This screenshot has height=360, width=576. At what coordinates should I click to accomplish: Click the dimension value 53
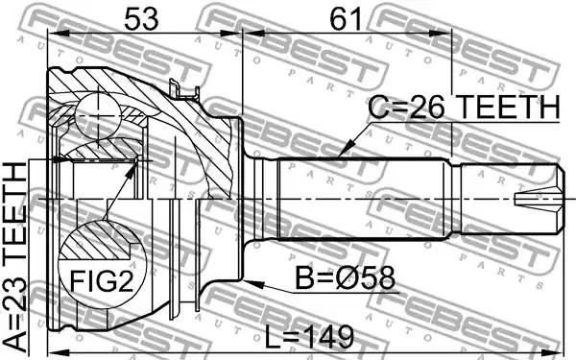pos(141,19)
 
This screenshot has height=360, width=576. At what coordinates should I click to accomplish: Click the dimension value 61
pos(346,19)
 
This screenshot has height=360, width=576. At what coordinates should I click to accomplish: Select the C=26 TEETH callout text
pos(464,107)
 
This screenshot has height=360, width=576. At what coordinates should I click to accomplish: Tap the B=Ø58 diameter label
pos(345,278)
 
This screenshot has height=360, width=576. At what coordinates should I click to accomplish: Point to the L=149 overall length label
pos(309,337)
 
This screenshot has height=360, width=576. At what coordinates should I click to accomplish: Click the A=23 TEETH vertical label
pos(14,257)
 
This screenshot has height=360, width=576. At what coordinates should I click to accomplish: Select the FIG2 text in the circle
pos(102,280)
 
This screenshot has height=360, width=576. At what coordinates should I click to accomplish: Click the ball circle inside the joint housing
pos(99,116)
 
